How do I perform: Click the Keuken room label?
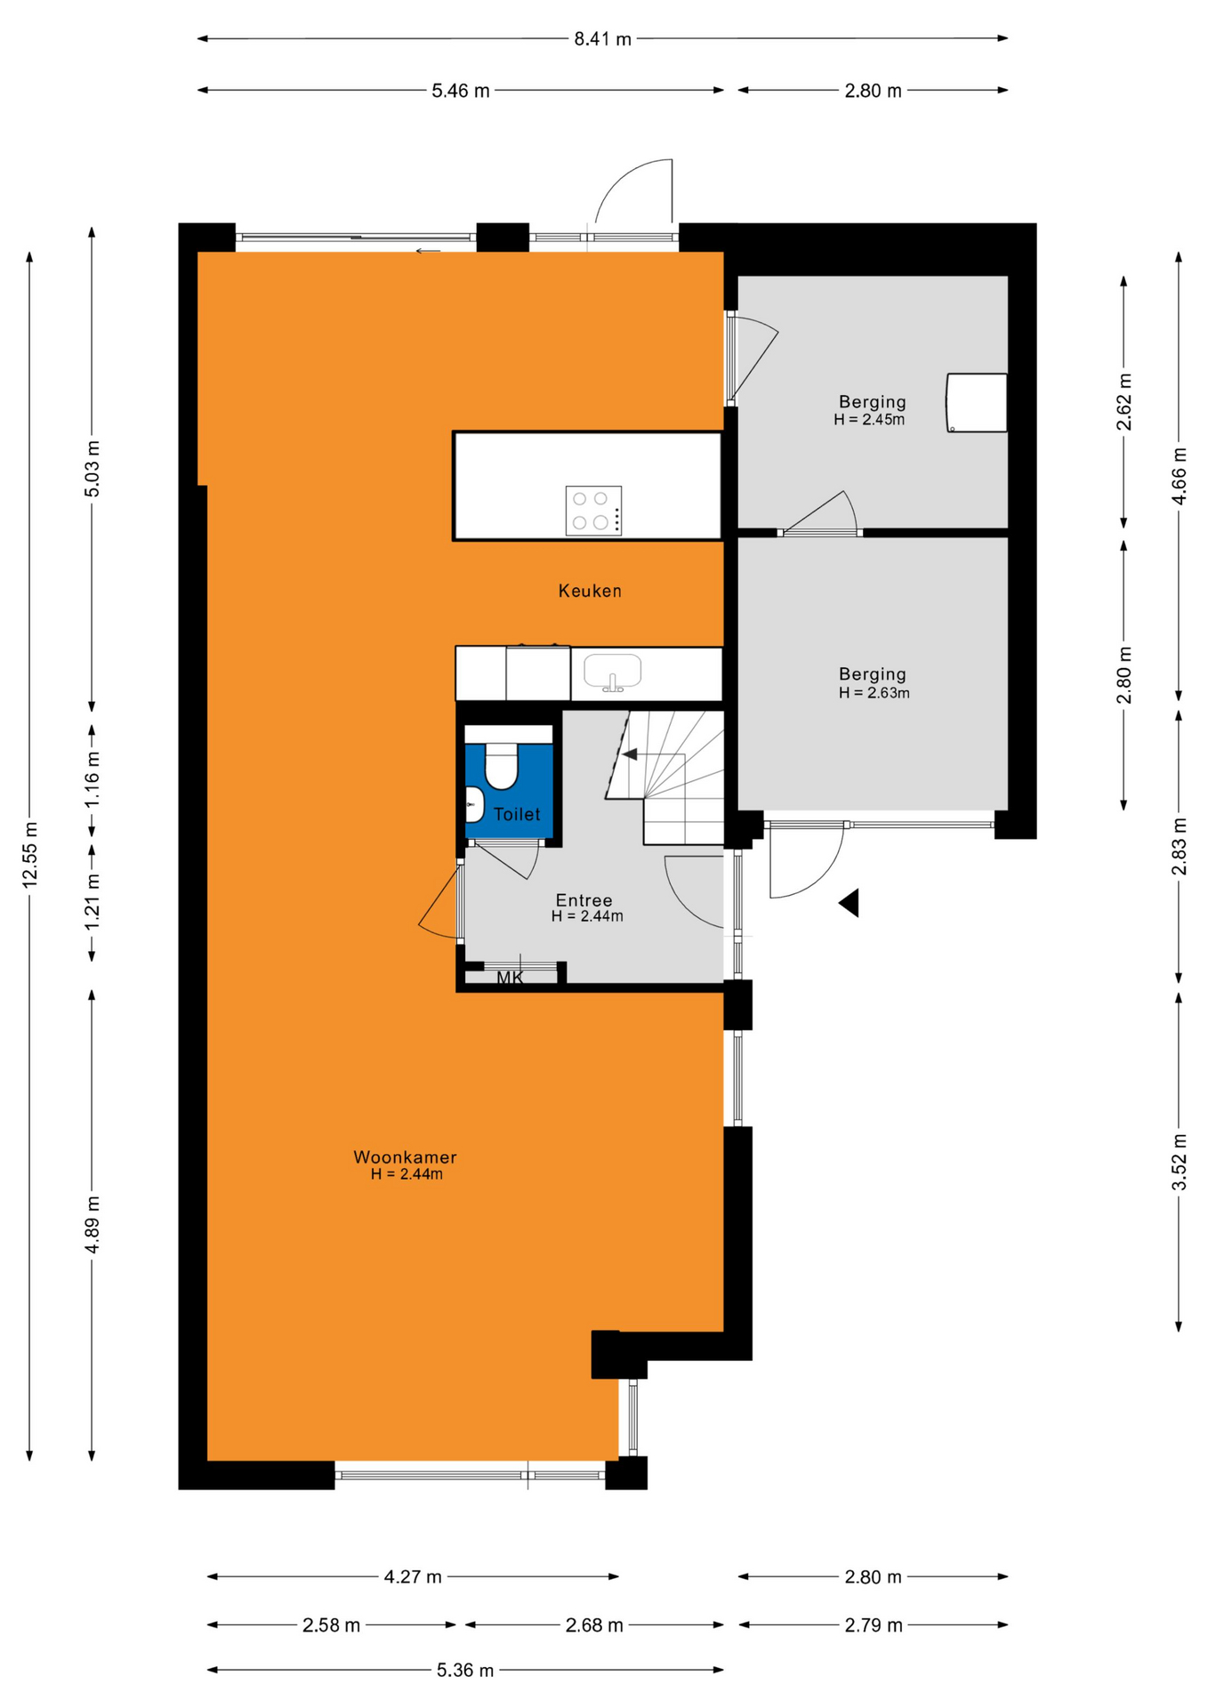(x=590, y=591)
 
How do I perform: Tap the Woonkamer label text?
(x=405, y=1157)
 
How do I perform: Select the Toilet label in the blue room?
(x=517, y=814)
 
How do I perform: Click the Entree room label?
(x=584, y=900)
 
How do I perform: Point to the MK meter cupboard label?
(x=510, y=978)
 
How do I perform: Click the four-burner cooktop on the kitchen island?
(x=593, y=511)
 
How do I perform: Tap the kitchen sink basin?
(x=612, y=672)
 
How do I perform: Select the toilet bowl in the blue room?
(x=502, y=765)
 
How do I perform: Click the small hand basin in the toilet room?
(x=474, y=804)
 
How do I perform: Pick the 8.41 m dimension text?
(x=602, y=39)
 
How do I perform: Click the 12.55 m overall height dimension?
(x=30, y=854)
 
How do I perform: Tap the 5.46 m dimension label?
(x=461, y=91)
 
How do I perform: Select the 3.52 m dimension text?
(x=1180, y=1162)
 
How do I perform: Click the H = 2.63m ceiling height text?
(x=874, y=693)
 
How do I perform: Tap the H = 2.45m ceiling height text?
(x=869, y=420)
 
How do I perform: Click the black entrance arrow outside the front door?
(x=849, y=903)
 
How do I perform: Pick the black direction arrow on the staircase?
(x=630, y=754)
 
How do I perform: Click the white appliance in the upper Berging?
(x=977, y=403)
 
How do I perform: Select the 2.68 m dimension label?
(x=594, y=1625)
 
